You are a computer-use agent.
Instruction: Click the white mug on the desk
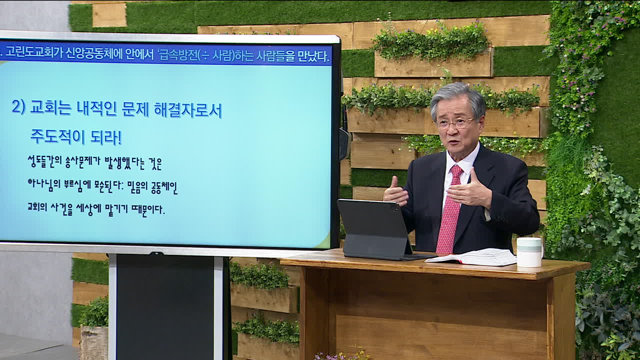click(x=529, y=252)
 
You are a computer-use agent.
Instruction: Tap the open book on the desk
click(x=471, y=257)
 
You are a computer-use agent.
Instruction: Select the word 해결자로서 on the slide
click(x=187, y=110)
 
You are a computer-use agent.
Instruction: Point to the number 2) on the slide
click(x=18, y=107)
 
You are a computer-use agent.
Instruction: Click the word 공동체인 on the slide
click(x=164, y=187)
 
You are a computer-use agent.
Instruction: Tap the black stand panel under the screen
click(x=165, y=307)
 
